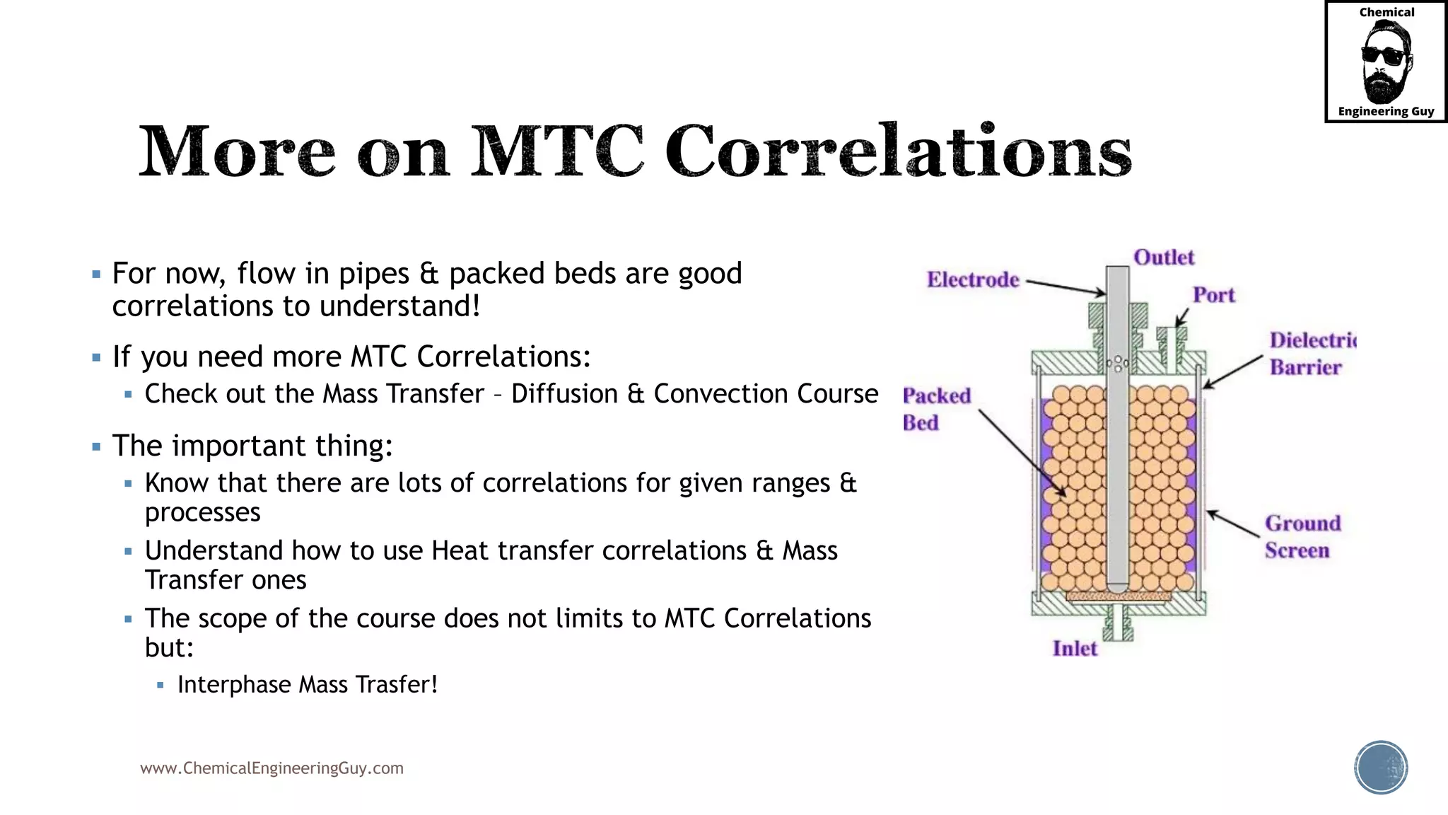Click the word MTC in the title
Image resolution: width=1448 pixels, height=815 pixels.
[x=557, y=151]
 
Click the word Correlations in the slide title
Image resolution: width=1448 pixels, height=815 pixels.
[x=898, y=151]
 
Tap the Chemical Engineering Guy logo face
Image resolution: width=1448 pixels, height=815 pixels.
[x=1386, y=61]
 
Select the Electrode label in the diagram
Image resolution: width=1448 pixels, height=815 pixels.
[x=973, y=280]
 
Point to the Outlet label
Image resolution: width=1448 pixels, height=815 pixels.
[x=1164, y=258]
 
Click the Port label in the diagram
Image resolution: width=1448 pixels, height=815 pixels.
[x=1213, y=295]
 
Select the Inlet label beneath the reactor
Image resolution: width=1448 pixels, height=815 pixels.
[x=1075, y=649]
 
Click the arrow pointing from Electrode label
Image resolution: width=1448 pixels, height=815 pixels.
[x=1065, y=287]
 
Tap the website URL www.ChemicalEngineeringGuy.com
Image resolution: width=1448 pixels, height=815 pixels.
[x=271, y=768]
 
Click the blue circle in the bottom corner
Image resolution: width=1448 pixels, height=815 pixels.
[x=1381, y=768]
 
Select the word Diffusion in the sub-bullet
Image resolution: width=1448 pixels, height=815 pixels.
[x=564, y=394]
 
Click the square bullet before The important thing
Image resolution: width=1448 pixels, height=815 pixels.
[x=97, y=447]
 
